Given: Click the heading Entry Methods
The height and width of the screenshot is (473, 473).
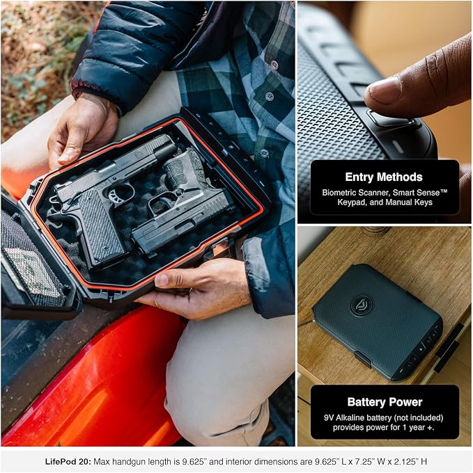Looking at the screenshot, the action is pyautogui.click(x=384, y=177).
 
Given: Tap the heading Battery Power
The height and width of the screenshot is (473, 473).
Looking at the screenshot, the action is pyautogui.click(x=385, y=402).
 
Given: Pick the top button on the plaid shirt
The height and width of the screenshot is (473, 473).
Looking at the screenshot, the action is pyautogui.click(x=274, y=64).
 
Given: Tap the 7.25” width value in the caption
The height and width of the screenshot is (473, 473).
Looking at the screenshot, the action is pyautogui.click(x=362, y=461).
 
